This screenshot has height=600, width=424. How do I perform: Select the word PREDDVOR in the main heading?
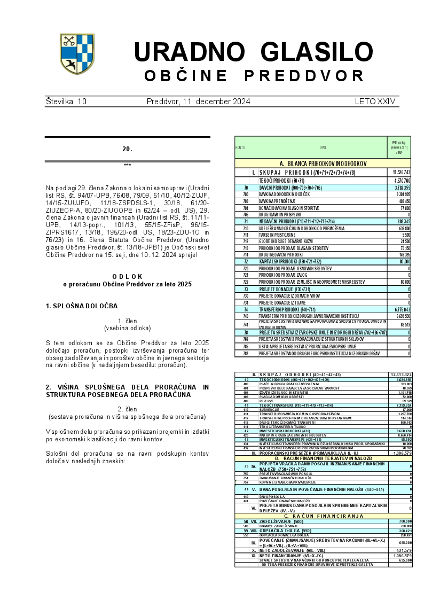click(x=307, y=76)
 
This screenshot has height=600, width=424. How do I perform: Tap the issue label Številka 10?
click(x=66, y=101)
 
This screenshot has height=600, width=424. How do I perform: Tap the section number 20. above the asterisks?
click(x=127, y=149)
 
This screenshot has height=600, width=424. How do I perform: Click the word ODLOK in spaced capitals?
click(x=127, y=276)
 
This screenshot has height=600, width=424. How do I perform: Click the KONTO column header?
click(x=240, y=147)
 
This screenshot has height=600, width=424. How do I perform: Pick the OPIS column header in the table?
click(x=323, y=147)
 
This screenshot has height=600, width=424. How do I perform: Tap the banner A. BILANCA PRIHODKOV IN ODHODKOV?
click(x=323, y=163)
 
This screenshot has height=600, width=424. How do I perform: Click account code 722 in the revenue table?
click(x=246, y=281)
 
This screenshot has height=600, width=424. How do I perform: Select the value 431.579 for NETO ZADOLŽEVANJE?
click(x=403, y=550)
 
